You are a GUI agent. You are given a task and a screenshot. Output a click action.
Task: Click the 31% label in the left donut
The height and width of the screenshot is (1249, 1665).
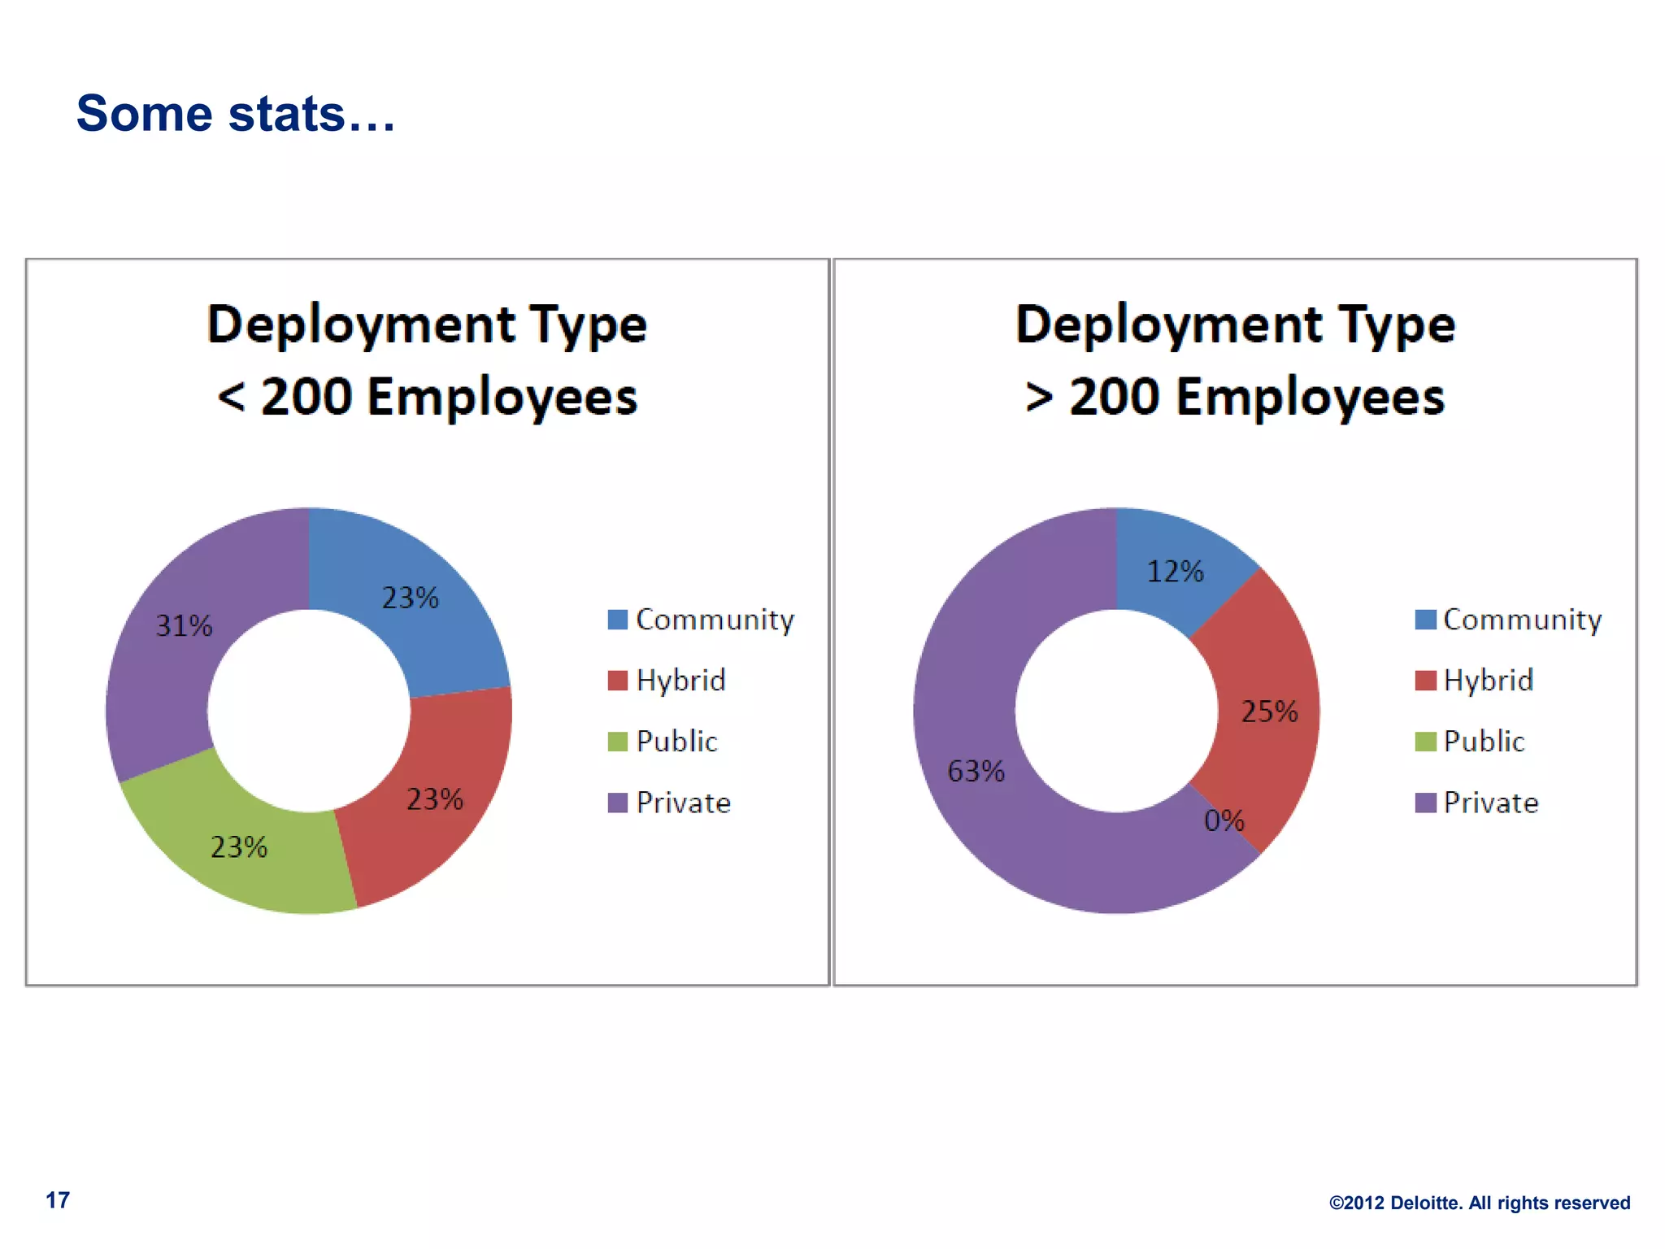coord(184,625)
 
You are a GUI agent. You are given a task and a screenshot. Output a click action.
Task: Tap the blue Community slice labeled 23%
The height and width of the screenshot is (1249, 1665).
coord(423,626)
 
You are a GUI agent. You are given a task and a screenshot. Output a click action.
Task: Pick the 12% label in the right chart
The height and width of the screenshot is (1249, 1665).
coord(1175,572)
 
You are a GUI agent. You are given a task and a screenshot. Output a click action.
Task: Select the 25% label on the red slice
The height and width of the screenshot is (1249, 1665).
coord(1269,712)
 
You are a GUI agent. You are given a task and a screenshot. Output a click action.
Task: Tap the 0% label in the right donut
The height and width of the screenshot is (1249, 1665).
coord(1224,820)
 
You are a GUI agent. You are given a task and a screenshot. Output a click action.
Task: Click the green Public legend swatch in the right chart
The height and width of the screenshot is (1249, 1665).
coord(1425,742)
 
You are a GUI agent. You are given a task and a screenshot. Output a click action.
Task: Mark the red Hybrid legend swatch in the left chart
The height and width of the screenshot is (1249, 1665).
coord(618,681)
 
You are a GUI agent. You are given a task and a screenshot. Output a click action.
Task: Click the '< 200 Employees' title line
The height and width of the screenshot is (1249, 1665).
coord(428,397)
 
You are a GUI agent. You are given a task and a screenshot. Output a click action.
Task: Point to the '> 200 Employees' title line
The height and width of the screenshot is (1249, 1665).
coord(1235,397)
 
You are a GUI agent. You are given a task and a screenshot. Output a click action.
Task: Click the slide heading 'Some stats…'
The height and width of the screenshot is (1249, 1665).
coord(236,113)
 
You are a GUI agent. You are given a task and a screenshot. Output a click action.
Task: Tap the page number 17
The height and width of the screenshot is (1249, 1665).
coord(58,1200)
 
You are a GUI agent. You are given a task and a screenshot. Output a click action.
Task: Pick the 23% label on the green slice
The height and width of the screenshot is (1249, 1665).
coord(239,847)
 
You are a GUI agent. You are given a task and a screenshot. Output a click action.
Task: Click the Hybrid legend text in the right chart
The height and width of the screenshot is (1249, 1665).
coord(1489,681)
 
